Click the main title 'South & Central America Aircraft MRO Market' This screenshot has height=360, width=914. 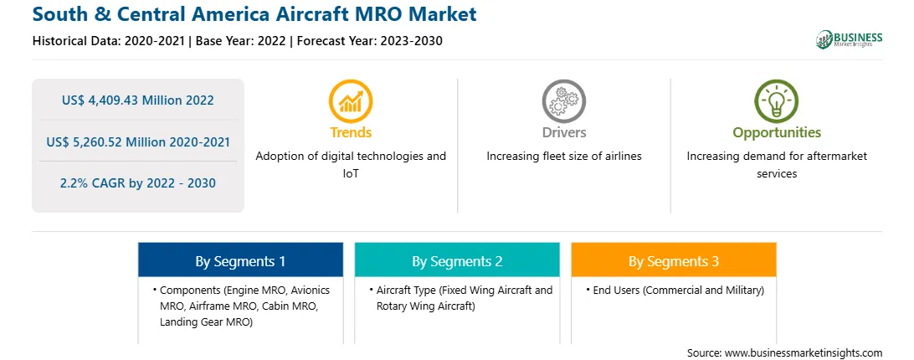click(254, 14)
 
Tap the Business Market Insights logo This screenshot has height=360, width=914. click(850, 39)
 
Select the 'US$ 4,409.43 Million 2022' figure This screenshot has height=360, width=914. click(137, 100)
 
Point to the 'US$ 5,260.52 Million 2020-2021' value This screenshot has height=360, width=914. click(137, 141)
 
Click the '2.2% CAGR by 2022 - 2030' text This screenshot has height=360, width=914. click(137, 183)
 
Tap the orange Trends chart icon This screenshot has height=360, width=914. click(351, 101)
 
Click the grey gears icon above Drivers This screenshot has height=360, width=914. click(563, 101)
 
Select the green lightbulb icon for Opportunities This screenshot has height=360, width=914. click(777, 101)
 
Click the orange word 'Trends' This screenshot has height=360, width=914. click(351, 132)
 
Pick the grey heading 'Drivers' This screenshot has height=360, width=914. click(563, 132)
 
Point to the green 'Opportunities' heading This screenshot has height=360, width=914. click(777, 133)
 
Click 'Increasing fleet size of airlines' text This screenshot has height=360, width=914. click(563, 157)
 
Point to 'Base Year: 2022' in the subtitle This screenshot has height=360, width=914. click(241, 41)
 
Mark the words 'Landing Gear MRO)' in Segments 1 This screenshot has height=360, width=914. click(206, 322)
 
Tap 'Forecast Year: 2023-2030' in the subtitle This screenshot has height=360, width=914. click(366, 41)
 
